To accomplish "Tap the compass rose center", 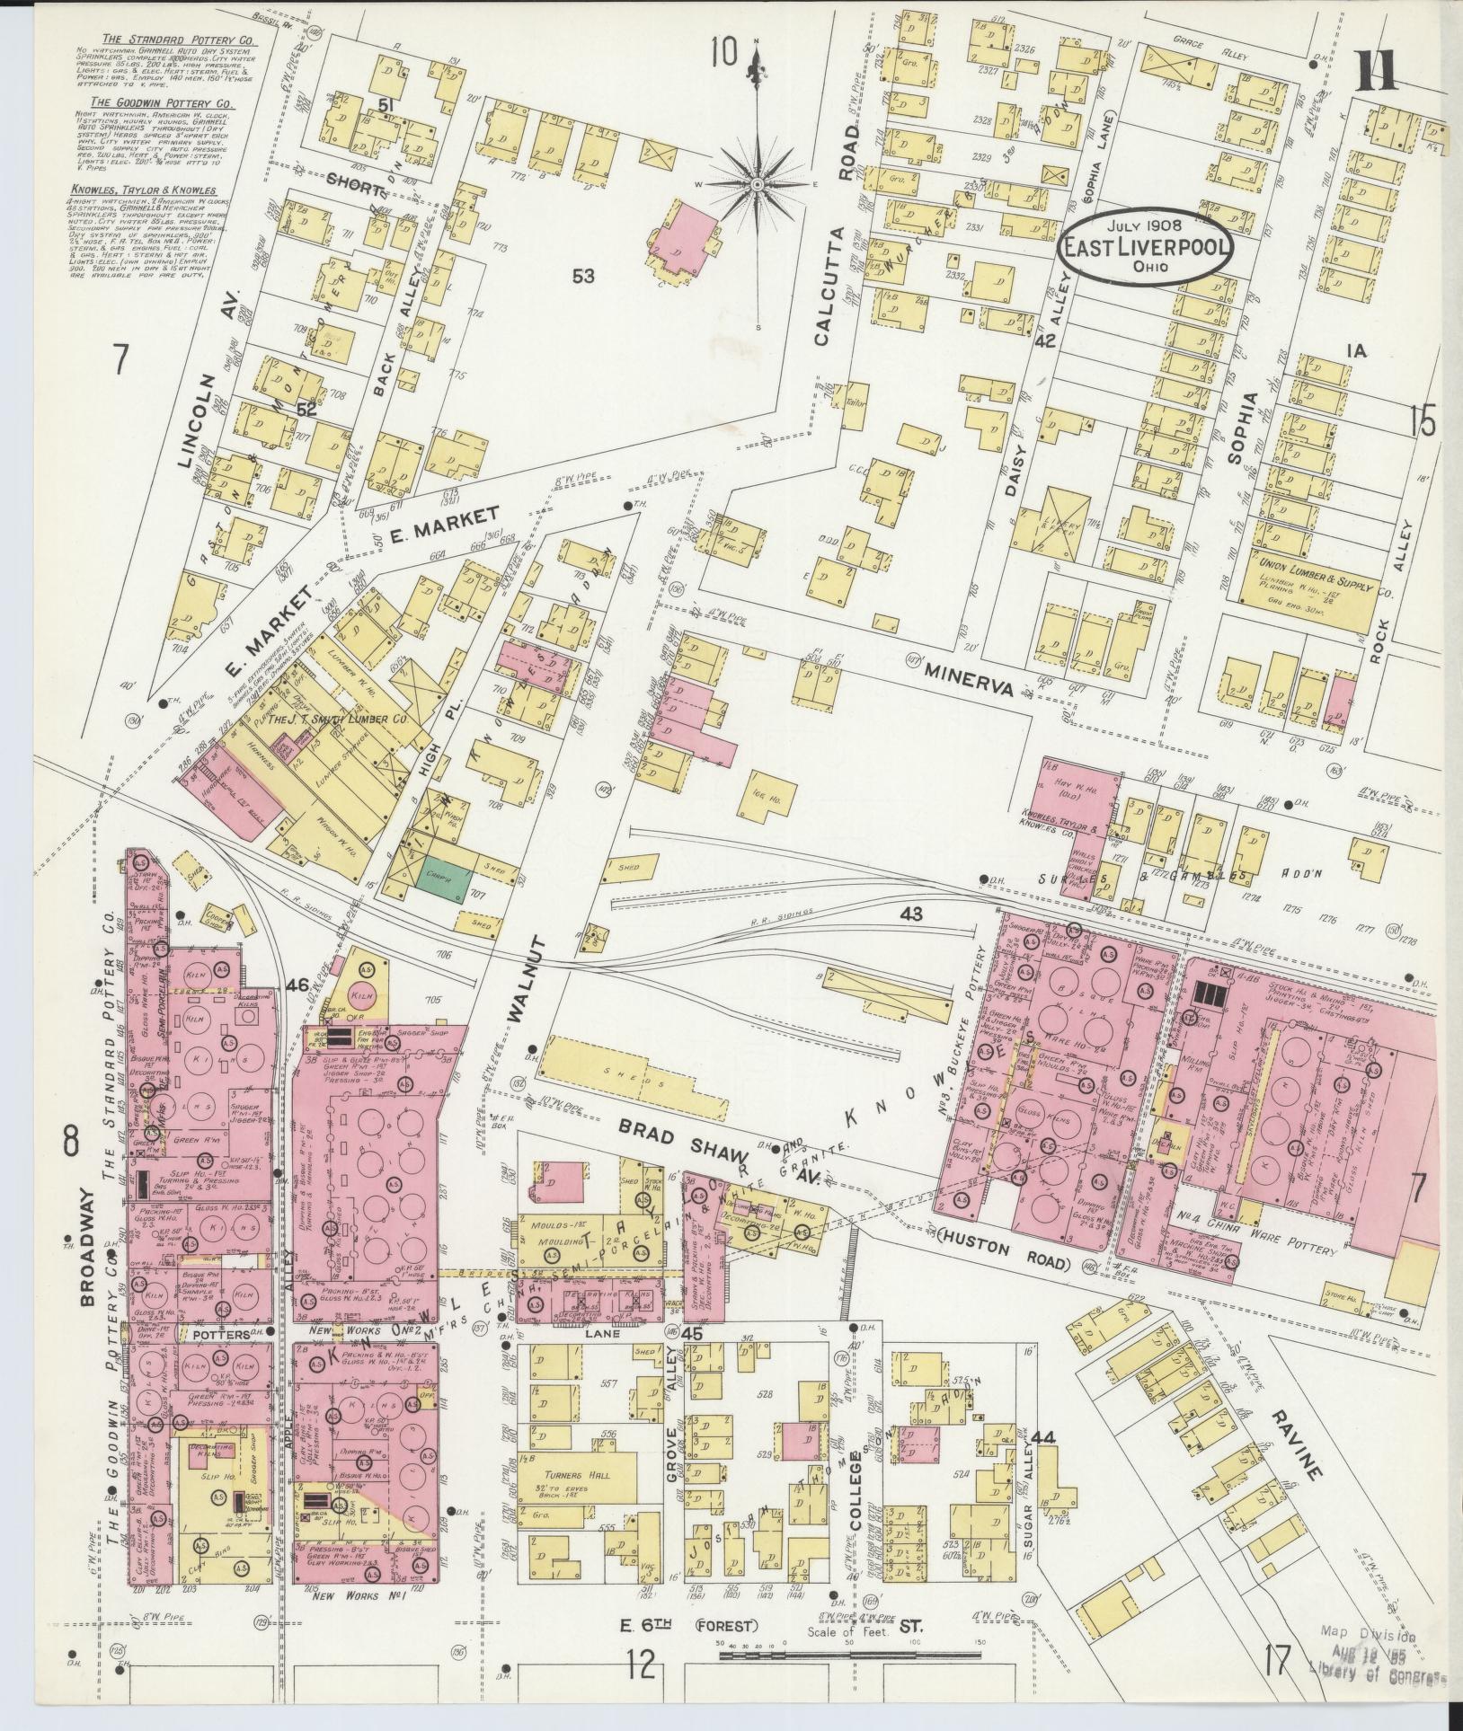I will [758, 185].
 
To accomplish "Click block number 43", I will [911, 913].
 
